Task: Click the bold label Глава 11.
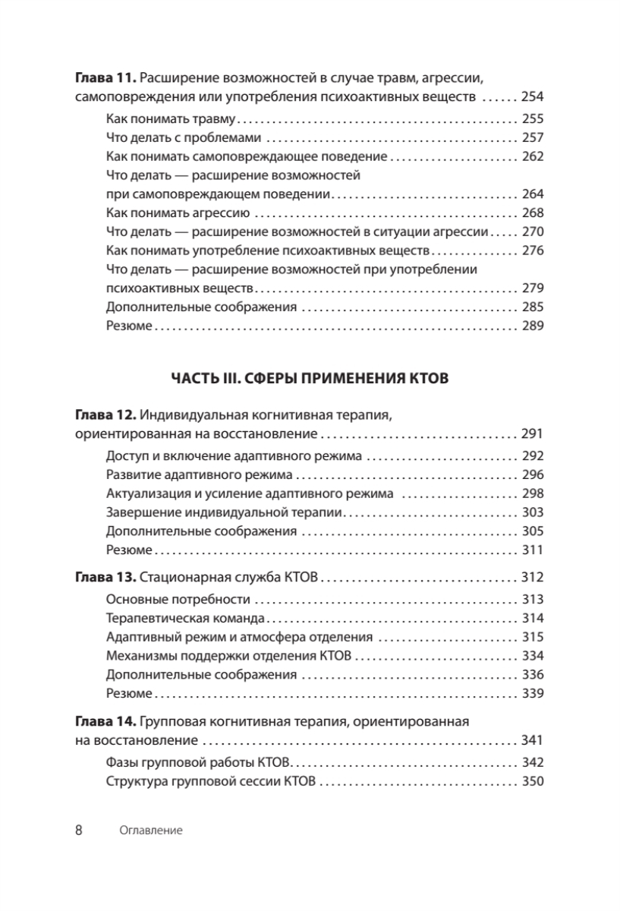click(x=105, y=77)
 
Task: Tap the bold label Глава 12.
click(x=105, y=416)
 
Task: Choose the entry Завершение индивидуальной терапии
click(x=224, y=512)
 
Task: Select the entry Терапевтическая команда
click(x=185, y=618)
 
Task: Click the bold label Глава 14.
click(x=105, y=720)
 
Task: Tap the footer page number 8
click(x=79, y=830)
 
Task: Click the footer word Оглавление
click(x=152, y=831)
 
